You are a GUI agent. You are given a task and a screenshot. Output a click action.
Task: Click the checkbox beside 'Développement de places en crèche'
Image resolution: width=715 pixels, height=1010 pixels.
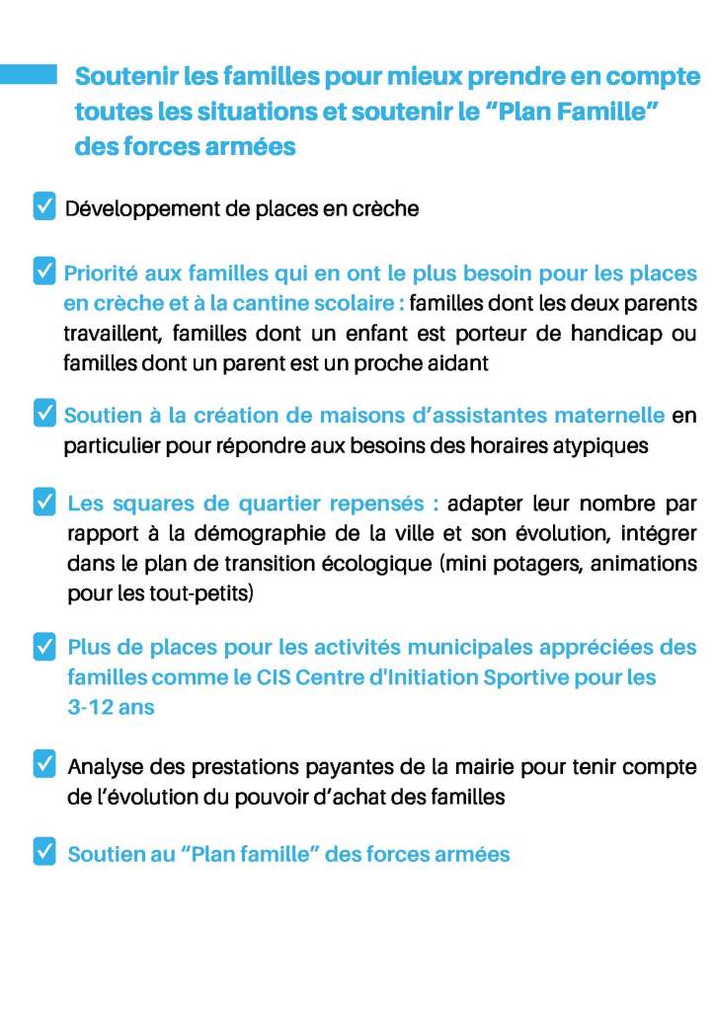[44, 207]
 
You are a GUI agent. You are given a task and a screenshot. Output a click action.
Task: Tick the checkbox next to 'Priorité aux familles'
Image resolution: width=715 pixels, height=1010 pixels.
[44, 272]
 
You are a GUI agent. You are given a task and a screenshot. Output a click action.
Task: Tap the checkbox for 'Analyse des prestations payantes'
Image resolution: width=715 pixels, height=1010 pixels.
[44, 763]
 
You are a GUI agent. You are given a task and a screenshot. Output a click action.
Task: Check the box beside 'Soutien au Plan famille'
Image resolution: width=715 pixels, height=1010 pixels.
[44, 852]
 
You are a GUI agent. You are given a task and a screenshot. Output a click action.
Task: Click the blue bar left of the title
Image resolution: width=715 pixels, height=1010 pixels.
[28, 75]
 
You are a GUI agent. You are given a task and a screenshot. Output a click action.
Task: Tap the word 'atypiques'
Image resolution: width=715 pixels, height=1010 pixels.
[607, 444]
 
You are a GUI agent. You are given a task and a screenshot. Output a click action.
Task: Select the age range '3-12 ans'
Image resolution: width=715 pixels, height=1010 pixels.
[111, 708]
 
